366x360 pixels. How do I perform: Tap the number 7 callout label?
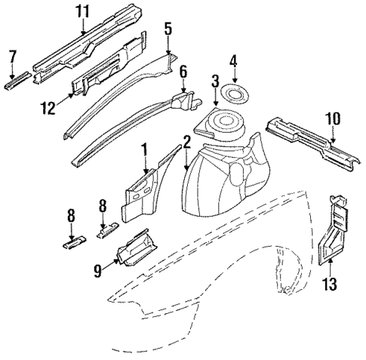pyautogui.click(x=11, y=56)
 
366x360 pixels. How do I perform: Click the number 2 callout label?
pyautogui.click(x=185, y=141)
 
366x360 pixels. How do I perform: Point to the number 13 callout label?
pyautogui.click(x=329, y=284)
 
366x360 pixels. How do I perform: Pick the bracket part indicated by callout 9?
pyautogui.click(x=134, y=247)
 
